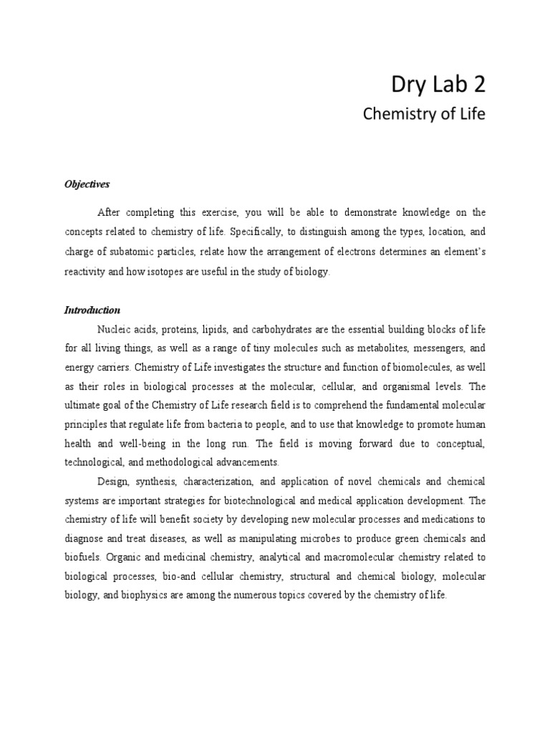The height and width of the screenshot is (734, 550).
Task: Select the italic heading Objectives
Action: click(87, 184)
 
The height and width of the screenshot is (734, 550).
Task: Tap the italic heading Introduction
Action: click(92, 310)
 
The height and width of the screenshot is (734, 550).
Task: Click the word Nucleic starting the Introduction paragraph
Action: click(115, 329)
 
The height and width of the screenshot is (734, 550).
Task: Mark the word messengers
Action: click(430, 348)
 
